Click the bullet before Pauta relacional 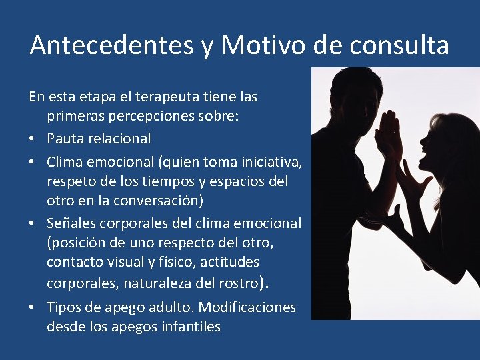33,139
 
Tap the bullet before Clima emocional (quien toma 33,161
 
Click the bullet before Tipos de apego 33,308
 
